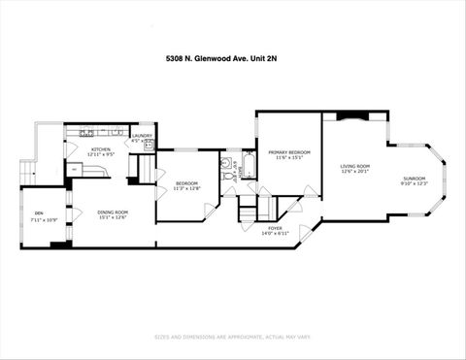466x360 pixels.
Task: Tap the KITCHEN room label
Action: click(101, 148)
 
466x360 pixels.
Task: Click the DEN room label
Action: click(39, 213)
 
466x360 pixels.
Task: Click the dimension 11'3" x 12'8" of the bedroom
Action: click(186, 189)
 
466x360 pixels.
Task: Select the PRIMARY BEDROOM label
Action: click(288, 152)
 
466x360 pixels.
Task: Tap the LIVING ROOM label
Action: click(354, 166)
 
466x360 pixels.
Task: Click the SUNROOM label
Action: click(415, 179)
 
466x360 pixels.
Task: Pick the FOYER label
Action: click(276, 228)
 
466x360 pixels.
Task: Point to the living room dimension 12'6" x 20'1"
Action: click(354, 172)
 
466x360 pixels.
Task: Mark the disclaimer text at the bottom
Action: click(232, 338)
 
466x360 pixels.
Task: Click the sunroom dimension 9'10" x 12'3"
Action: click(415, 184)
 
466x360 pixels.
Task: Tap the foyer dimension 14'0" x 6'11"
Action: click(276, 234)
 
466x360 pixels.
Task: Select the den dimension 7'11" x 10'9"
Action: click(39, 219)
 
